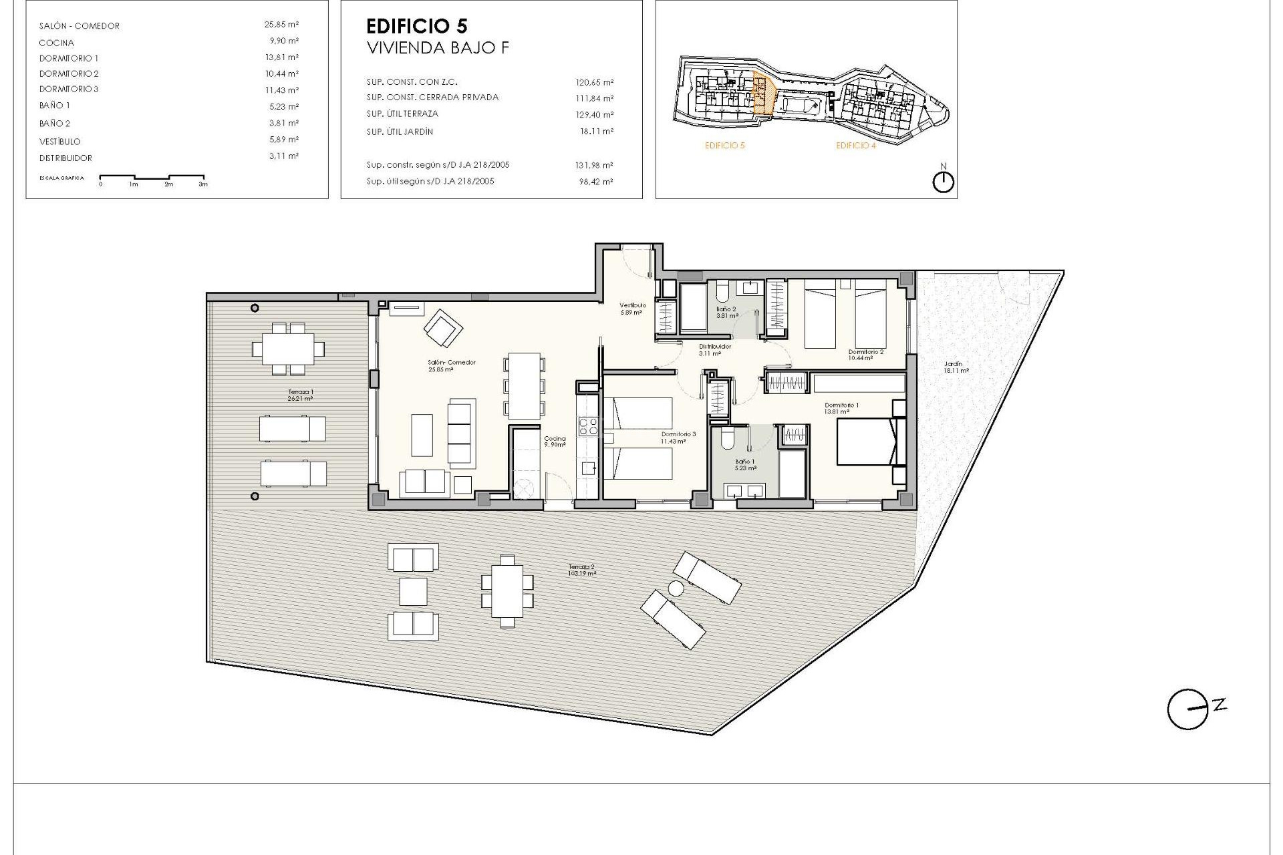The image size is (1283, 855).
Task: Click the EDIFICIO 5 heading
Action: pos(417,27)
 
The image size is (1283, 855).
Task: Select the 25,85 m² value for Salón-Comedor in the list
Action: pos(281,24)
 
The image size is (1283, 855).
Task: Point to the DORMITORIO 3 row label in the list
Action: pos(69,89)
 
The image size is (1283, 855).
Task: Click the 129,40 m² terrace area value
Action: pos(594,115)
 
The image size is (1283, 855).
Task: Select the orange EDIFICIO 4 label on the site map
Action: pos(855,146)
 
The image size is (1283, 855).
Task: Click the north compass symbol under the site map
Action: pos(943,182)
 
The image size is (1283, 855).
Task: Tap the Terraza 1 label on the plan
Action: pos(300,395)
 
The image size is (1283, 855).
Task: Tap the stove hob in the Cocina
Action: pos(588,426)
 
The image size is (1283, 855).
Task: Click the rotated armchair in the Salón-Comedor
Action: pos(443,327)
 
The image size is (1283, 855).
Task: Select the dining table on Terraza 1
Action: pos(288,348)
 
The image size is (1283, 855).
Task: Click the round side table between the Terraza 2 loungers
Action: pos(676,588)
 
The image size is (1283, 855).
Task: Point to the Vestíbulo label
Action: pos(632,308)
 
